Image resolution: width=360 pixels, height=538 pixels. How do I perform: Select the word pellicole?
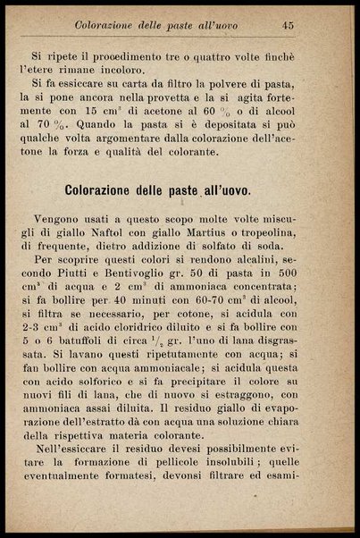coord(194,489)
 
